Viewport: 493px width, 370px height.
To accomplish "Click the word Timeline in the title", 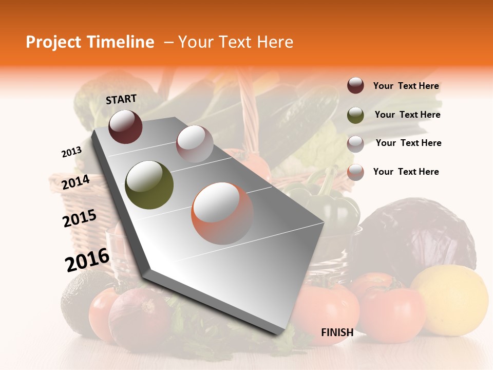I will pyautogui.click(x=121, y=42).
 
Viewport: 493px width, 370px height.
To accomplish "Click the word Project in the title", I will pyautogui.click(x=54, y=42).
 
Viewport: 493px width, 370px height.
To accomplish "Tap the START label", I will pyautogui.click(x=121, y=99).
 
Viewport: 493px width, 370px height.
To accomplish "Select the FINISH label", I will pyautogui.click(x=337, y=332).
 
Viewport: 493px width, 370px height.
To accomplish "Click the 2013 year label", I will pyautogui.click(x=71, y=152).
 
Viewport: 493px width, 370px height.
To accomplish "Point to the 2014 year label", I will pyautogui.click(x=75, y=182).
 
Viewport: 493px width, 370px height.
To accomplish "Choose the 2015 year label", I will pyautogui.click(x=80, y=218).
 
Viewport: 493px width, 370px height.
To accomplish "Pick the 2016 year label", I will pyautogui.click(x=87, y=260).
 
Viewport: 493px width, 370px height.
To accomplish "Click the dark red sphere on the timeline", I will pyautogui.click(x=125, y=126).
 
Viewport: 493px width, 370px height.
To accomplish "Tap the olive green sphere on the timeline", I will pyautogui.click(x=149, y=185).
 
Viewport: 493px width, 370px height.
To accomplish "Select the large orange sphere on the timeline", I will pyautogui.click(x=222, y=213).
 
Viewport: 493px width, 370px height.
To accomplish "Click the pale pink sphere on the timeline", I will pyautogui.click(x=195, y=144).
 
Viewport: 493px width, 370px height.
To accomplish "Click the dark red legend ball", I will pyautogui.click(x=355, y=86).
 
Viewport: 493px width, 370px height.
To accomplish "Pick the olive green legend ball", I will pyautogui.click(x=355, y=115).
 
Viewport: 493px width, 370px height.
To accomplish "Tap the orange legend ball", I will pyautogui.click(x=355, y=172).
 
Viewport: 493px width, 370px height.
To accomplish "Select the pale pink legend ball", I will pyautogui.click(x=355, y=143).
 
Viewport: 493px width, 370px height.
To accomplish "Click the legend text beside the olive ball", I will pyautogui.click(x=408, y=115).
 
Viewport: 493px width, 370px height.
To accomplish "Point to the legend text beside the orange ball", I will pyautogui.click(x=406, y=172).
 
